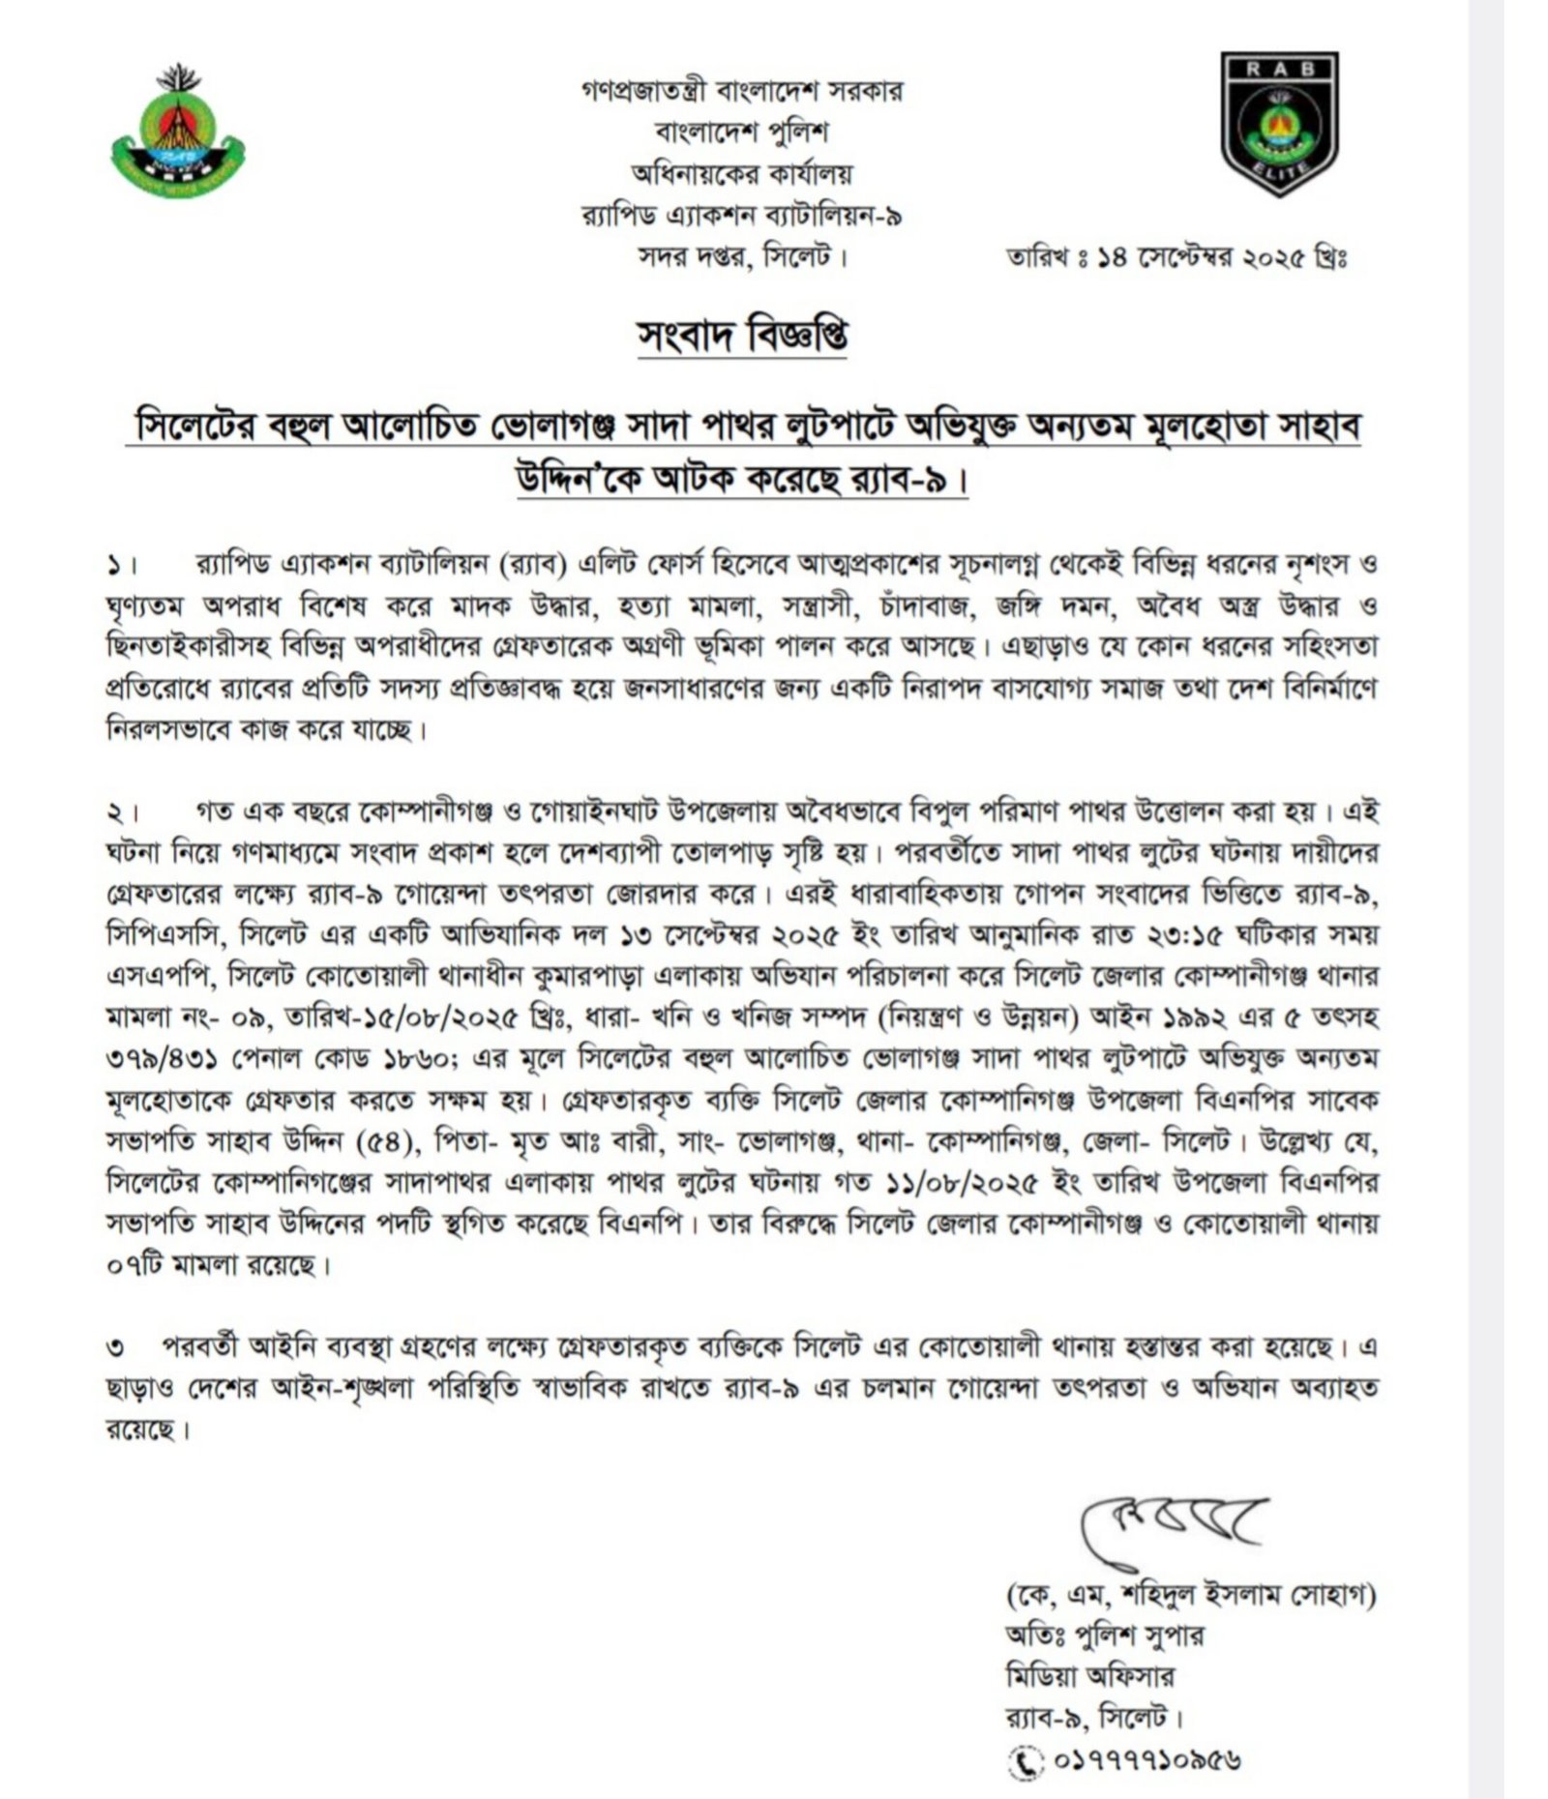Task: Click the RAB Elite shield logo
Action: tap(1279, 123)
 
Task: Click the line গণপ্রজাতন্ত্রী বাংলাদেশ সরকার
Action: tap(742, 92)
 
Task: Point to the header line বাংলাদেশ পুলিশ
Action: tap(742, 133)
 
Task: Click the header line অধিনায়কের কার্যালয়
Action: tap(742, 174)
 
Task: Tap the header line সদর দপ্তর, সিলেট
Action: tap(742, 257)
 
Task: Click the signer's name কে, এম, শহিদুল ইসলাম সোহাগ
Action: tap(1190, 1594)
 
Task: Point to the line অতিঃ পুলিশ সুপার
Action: tap(1104, 1636)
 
